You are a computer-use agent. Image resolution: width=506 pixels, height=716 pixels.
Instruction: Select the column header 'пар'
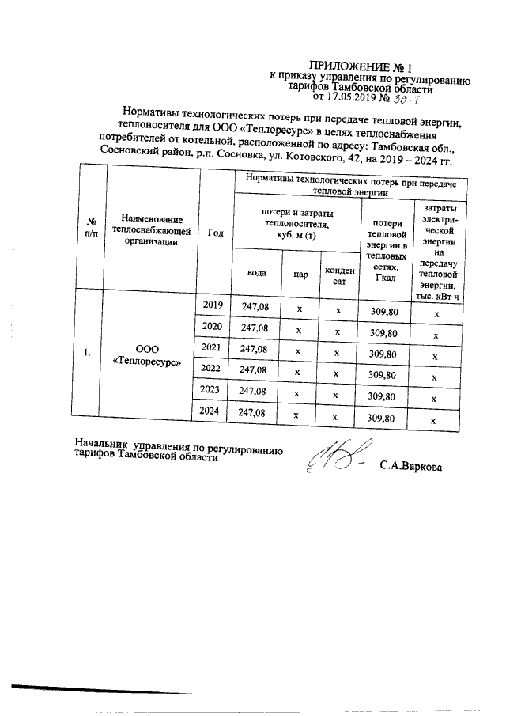click(300, 274)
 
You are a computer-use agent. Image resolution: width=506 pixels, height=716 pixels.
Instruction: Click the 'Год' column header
click(215, 233)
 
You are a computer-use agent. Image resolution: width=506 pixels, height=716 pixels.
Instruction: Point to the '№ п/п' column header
click(92, 229)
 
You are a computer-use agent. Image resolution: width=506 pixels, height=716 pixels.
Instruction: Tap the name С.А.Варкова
click(411, 466)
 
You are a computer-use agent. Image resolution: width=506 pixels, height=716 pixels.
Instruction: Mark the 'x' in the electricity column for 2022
click(434, 377)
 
